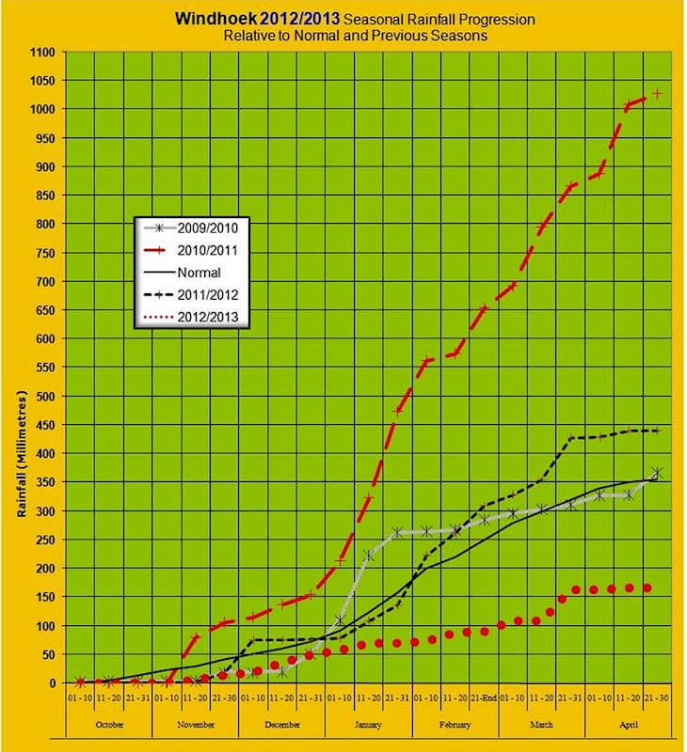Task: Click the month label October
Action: pyautogui.click(x=109, y=725)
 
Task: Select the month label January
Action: pyautogui.click(x=369, y=725)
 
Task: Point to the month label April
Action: pyautogui.click(x=629, y=725)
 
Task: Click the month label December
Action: pyautogui.click(x=282, y=725)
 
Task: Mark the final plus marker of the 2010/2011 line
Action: pyautogui.click(x=657, y=93)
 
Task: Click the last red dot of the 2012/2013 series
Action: pyautogui.click(x=647, y=587)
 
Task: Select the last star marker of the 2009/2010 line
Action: pyautogui.click(x=657, y=473)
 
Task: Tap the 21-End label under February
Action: pyautogui.click(x=485, y=701)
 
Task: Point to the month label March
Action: pyautogui.click(x=541, y=725)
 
